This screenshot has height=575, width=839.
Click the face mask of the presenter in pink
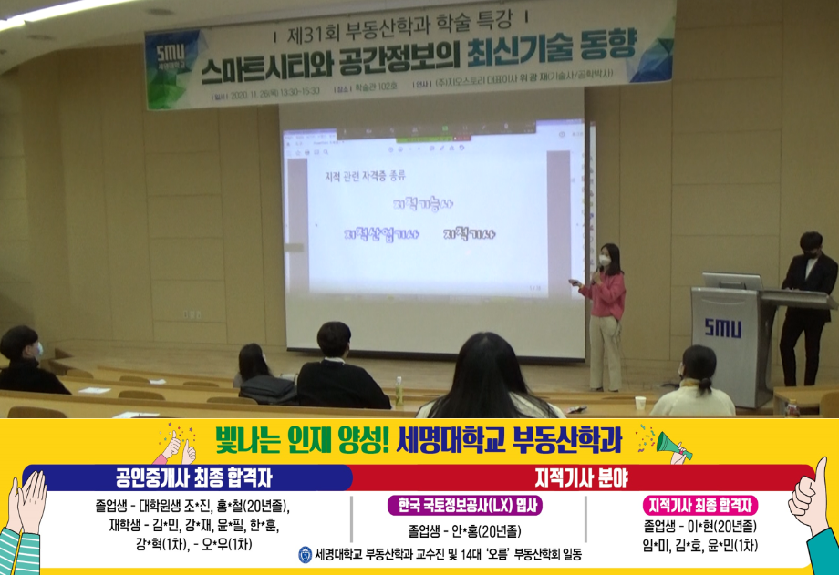coord(604,261)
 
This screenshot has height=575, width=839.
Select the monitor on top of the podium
coord(730,281)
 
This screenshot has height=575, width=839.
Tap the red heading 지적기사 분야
coord(580,477)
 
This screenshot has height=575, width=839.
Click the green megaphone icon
coord(674,445)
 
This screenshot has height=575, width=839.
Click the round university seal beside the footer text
coord(305,553)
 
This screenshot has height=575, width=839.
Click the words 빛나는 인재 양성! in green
coord(301,441)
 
